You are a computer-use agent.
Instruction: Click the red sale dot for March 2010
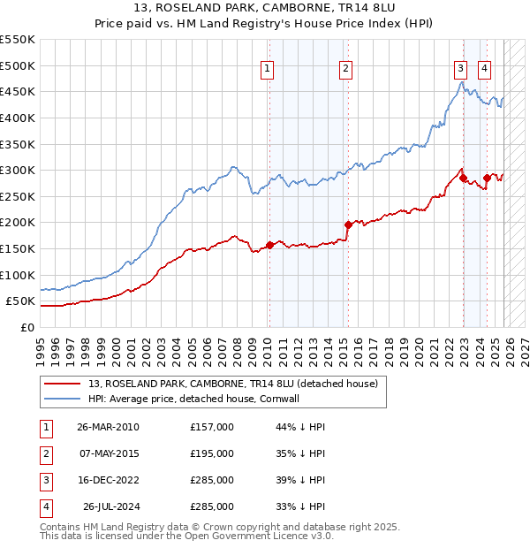click(269, 245)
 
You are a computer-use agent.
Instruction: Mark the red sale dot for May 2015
click(348, 225)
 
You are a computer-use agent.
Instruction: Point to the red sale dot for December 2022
click(463, 178)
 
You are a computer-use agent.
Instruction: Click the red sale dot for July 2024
click(487, 178)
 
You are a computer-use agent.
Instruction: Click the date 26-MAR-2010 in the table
click(108, 427)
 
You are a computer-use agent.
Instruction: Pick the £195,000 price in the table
click(212, 453)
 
